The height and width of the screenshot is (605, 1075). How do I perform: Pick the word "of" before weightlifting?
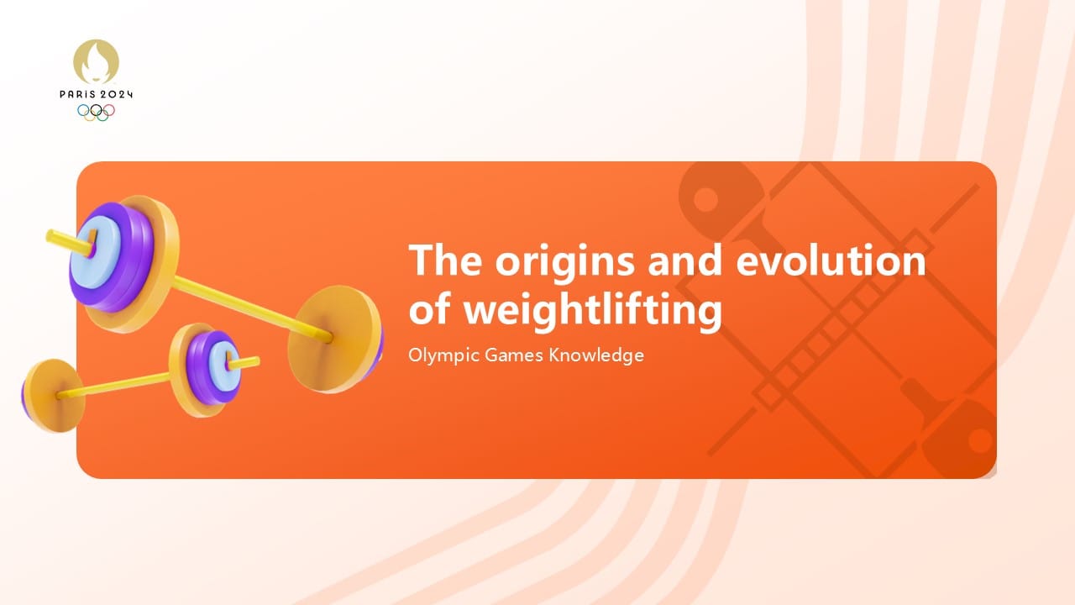[430, 309]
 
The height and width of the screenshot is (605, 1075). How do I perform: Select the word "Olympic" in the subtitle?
[443, 355]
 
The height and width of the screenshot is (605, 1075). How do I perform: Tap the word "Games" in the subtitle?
[513, 355]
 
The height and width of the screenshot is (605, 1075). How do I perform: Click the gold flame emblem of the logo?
[96, 62]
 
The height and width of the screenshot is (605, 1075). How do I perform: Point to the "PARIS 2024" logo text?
[96, 95]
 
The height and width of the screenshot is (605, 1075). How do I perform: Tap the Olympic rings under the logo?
[96, 111]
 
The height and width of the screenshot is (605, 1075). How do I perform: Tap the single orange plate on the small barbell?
[52, 394]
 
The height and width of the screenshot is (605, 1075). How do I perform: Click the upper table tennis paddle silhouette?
[714, 202]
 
